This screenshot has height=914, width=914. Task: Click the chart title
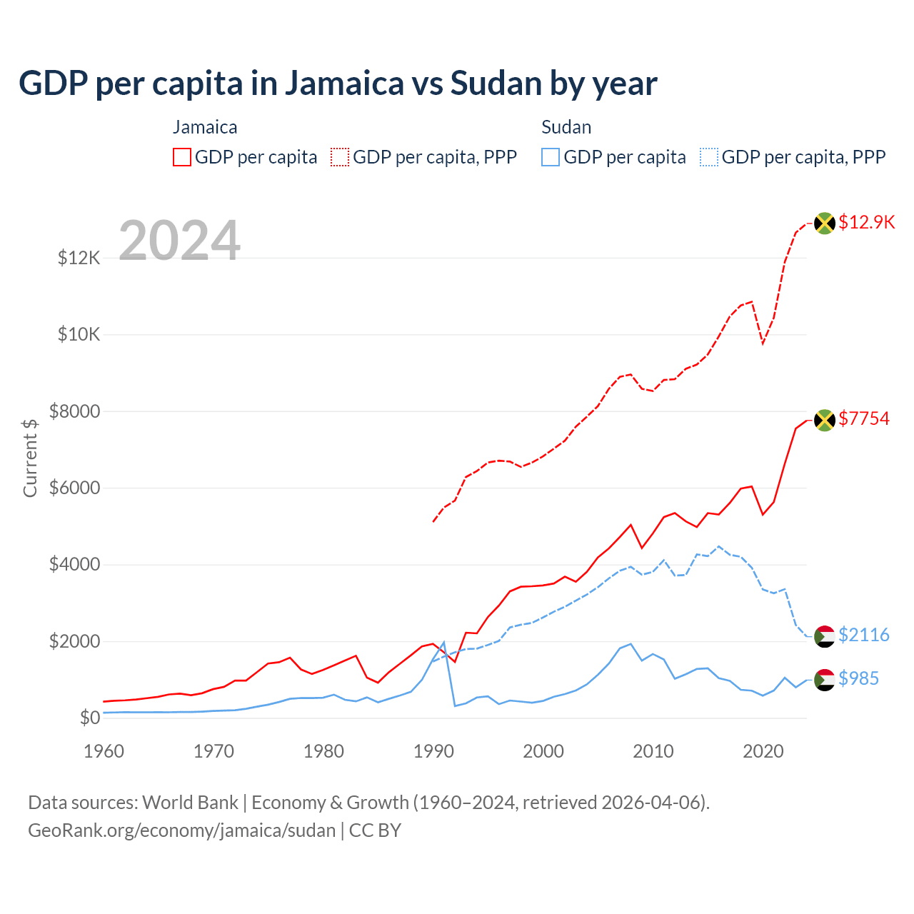pyautogui.click(x=338, y=84)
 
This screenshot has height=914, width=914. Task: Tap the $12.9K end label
pyautogui.click(x=866, y=222)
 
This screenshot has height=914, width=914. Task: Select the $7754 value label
pyautogui.click(x=864, y=418)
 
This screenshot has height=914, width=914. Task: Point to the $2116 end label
pyautogui.click(x=864, y=635)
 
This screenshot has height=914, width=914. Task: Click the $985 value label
pyautogui.click(x=859, y=678)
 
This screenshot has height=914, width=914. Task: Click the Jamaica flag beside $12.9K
pyautogui.click(x=825, y=223)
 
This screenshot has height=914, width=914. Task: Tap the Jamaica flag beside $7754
pyautogui.click(x=825, y=420)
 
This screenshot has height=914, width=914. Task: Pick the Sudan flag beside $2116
pyautogui.click(x=825, y=636)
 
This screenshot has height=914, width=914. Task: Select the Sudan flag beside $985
pyautogui.click(x=825, y=680)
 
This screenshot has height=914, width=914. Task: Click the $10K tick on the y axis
pyautogui.click(x=79, y=334)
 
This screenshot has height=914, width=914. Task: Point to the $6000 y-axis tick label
pyautogui.click(x=74, y=488)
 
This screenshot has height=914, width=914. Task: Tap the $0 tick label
pyautogui.click(x=89, y=718)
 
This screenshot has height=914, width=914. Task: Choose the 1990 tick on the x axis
pyautogui.click(x=433, y=751)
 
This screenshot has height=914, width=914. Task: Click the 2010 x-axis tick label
pyautogui.click(x=653, y=751)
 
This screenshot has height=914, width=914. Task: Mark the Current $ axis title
pyautogui.click(x=30, y=458)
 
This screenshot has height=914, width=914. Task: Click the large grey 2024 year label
pyautogui.click(x=179, y=241)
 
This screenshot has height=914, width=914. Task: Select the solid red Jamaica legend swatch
pyautogui.click(x=182, y=157)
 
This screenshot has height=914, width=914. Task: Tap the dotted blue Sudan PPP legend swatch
pyautogui.click(x=709, y=157)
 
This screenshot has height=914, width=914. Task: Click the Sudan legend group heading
pyautogui.click(x=566, y=127)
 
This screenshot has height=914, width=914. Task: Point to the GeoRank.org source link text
pyautogui.click(x=181, y=830)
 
